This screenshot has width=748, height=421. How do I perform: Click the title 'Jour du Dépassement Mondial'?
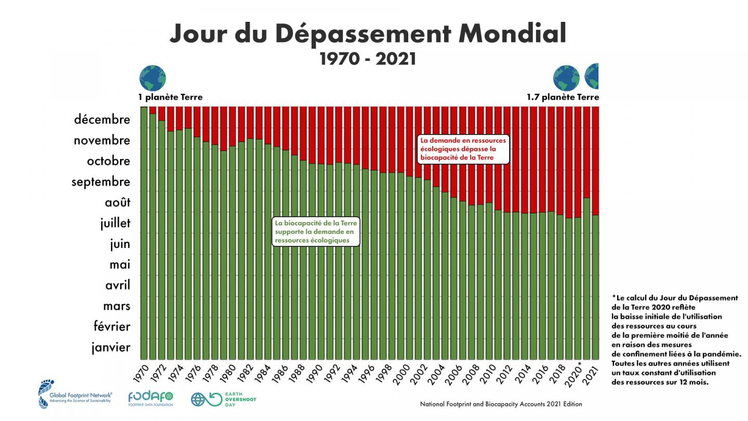[x=367, y=34]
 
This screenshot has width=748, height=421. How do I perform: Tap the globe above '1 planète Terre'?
[x=152, y=78]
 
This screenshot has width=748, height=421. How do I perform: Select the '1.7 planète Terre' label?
[x=563, y=97]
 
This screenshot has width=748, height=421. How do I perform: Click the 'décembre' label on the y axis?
[x=102, y=120]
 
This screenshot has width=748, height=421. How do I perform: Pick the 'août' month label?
[x=115, y=202]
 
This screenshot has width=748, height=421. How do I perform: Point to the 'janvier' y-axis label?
[x=111, y=347]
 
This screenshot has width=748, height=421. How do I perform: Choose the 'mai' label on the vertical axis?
[x=119, y=265]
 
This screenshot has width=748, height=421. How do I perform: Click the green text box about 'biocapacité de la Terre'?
[x=315, y=232]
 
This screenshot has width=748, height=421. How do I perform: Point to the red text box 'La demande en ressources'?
[x=463, y=149]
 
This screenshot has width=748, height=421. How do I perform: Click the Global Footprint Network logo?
[x=75, y=394]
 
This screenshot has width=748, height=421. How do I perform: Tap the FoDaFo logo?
[x=151, y=398]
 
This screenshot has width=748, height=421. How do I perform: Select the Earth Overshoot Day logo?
[x=223, y=399]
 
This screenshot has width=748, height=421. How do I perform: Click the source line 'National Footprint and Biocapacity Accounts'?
[x=501, y=404]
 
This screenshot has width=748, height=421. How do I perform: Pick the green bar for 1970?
[x=144, y=234]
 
